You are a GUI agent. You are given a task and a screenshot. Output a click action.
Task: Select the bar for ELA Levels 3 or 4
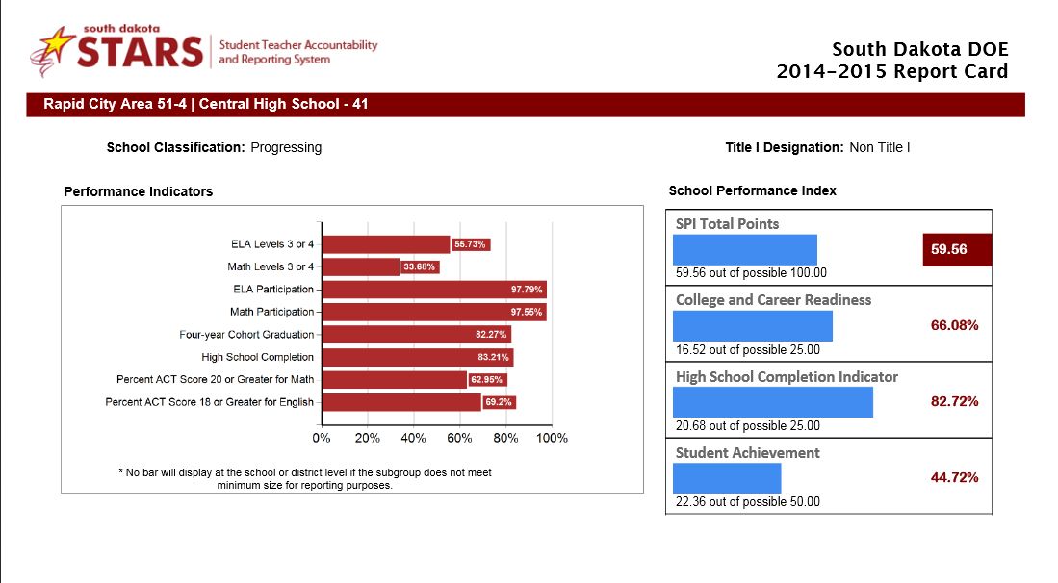click(385, 244)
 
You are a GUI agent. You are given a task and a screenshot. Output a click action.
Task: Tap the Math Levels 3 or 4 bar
click(360, 266)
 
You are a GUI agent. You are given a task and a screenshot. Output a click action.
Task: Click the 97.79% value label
click(528, 289)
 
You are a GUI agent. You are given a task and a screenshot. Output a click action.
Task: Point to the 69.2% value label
click(499, 402)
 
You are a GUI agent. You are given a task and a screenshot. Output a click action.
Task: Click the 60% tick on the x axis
click(459, 438)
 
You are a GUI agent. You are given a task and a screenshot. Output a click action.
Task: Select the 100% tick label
click(552, 438)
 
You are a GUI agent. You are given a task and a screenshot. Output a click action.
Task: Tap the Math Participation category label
click(271, 312)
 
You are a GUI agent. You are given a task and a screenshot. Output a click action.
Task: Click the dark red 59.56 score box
click(956, 250)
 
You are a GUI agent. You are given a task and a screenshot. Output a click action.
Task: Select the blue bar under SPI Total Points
click(744, 249)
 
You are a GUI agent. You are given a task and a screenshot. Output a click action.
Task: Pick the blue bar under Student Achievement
click(727, 478)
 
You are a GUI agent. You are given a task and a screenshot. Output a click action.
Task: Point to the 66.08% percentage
click(954, 325)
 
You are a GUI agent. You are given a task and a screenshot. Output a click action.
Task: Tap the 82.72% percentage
click(954, 401)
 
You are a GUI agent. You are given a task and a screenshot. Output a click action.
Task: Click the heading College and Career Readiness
click(773, 300)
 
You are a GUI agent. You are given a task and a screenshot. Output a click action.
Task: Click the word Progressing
click(286, 147)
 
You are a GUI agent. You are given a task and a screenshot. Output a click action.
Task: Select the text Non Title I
click(879, 147)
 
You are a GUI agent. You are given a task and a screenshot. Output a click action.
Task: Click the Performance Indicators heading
click(138, 191)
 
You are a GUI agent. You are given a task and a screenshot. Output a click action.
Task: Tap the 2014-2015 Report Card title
click(892, 71)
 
